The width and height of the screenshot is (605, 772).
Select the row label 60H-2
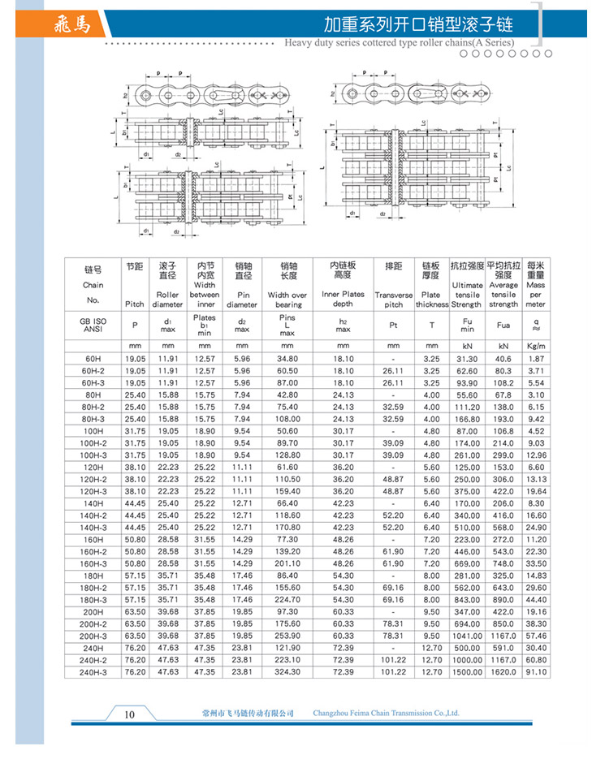(93, 370)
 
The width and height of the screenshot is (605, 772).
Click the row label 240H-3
(93, 671)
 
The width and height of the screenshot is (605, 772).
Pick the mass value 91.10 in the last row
(536, 671)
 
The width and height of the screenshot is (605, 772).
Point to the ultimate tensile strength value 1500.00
(467, 671)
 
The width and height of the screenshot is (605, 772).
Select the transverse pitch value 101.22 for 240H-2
(393, 660)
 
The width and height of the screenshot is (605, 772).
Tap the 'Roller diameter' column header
(168, 286)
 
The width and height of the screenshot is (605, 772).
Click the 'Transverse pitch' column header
(393, 286)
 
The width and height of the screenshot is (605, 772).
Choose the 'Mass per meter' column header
(536, 286)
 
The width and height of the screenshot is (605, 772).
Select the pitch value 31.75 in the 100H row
(134, 430)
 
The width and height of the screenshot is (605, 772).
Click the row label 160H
(93, 539)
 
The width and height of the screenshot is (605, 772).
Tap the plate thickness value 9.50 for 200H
(432, 611)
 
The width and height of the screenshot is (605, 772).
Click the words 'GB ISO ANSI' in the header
(93, 326)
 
